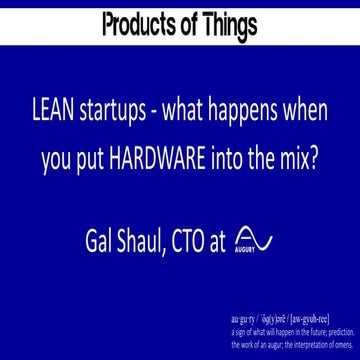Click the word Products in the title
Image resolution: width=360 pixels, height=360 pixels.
140,21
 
